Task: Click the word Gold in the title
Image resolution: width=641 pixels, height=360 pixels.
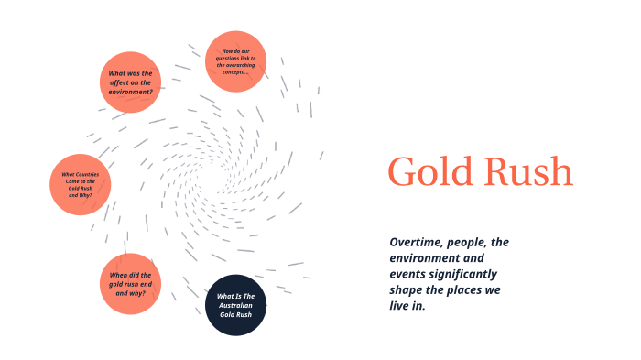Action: pos(429,171)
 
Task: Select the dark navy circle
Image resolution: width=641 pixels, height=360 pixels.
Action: pos(235,305)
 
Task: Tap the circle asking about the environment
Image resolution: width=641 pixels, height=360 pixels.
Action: pos(131,82)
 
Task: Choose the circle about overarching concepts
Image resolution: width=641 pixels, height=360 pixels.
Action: pos(235,61)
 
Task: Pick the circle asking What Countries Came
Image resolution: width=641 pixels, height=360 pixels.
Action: pos(80,184)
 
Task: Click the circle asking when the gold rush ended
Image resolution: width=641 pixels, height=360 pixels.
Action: pos(131,284)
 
